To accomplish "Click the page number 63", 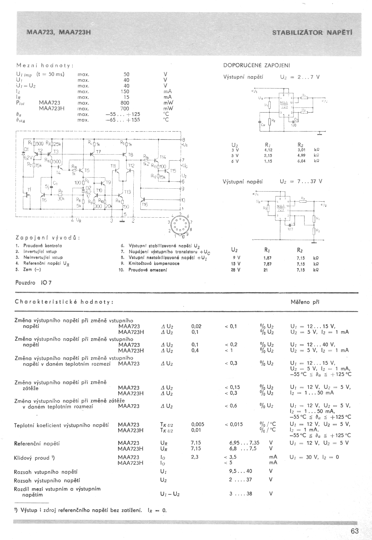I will pos(355,531).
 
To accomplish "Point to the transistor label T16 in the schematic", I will pos(144,204).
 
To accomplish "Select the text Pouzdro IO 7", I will pos(33,283).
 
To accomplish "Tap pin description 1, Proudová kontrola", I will pos(39,246).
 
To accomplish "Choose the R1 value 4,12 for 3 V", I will pos(268,150).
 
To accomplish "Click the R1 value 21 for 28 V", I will pos(266,270).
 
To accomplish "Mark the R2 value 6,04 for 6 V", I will pos(303,161).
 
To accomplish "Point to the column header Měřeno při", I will pos(305,302).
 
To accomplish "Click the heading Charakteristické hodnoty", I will pos(64,302).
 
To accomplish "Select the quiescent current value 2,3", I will pos(195,457).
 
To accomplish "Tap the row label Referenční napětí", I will pos(37,444).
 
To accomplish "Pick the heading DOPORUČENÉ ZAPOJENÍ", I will pos(257,65).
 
